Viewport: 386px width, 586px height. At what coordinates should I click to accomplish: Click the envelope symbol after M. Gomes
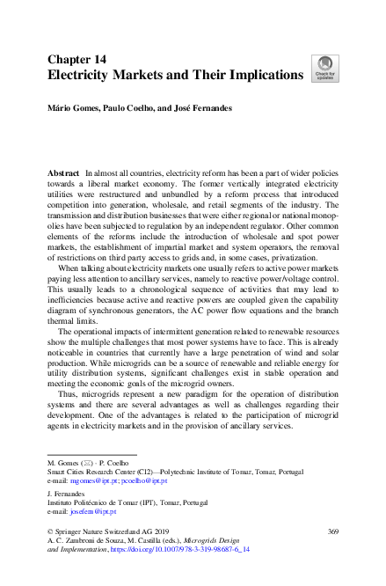(x=86, y=462)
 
